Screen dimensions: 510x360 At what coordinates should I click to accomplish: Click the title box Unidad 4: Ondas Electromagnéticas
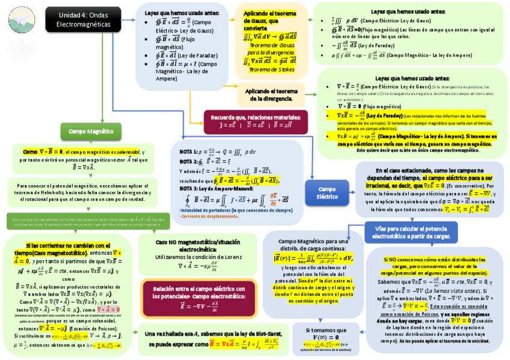[83, 20]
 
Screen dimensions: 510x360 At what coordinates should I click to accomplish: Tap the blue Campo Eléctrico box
[327, 192]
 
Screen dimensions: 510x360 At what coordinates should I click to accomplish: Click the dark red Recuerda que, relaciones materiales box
[256, 120]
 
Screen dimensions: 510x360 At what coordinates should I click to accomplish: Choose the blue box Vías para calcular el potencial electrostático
[413, 233]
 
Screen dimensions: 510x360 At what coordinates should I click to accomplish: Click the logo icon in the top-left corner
[20, 19]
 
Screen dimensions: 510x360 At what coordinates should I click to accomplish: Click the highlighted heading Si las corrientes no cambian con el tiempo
[67, 249]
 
